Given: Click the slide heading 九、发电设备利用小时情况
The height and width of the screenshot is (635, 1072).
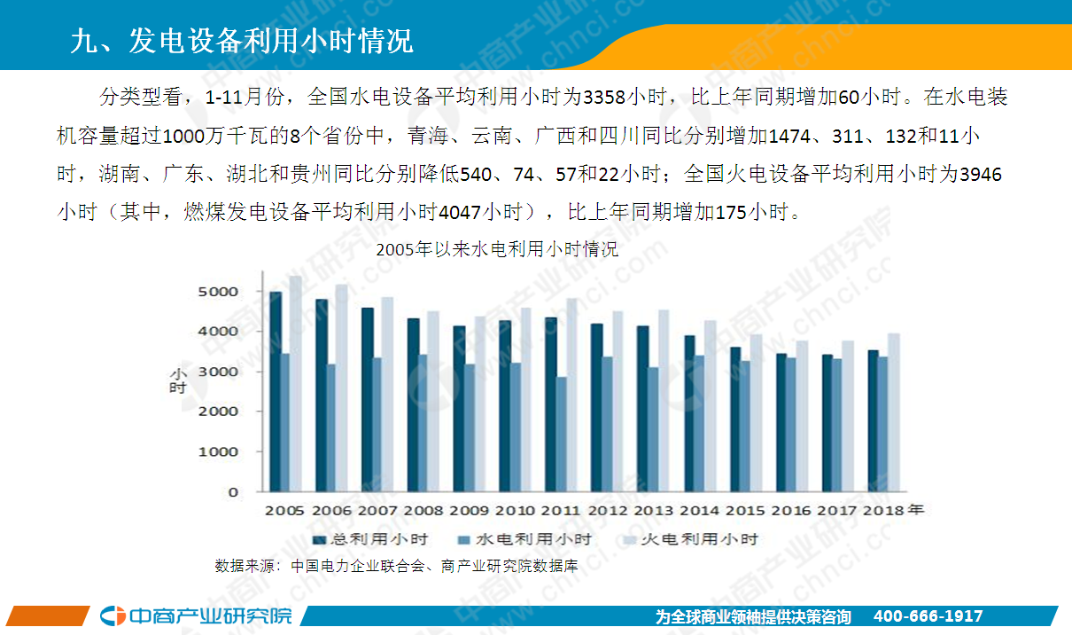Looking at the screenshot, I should pyautogui.click(x=241, y=41).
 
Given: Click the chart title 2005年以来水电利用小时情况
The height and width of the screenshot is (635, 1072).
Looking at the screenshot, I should pyautogui.click(x=496, y=249).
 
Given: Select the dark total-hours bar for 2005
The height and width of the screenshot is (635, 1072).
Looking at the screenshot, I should pyautogui.click(x=276, y=391).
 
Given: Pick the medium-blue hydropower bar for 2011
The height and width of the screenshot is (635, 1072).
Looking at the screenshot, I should pyautogui.click(x=561, y=434).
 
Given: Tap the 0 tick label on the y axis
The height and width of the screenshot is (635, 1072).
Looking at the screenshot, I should pyautogui.click(x=233, y=491).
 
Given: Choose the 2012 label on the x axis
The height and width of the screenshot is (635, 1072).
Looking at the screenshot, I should pyautogui.click(x=608, y=511).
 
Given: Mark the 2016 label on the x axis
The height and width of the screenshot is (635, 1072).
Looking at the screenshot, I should pyautogui.click(x=791, y=511).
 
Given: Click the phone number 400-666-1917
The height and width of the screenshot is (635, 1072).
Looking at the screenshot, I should pyautogui.click(x=928, y=616).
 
